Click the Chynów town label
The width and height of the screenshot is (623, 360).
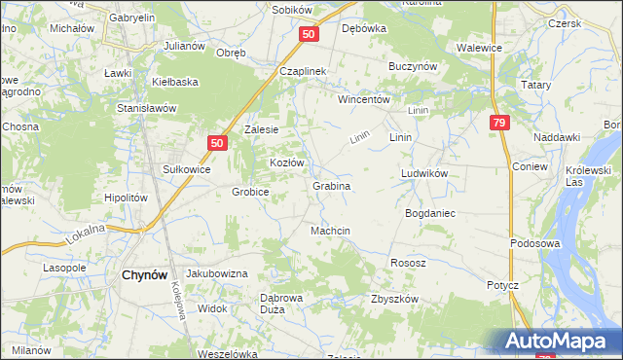click(148, 275)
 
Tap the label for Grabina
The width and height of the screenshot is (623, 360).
click(331, 185)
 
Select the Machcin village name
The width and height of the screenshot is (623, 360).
click(330, 231)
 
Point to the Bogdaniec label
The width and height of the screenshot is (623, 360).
click(430, 212)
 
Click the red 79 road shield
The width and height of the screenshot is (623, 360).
click(498, 123)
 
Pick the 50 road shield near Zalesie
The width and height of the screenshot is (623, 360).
click(216, 143)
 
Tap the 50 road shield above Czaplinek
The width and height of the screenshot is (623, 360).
click(308, 34)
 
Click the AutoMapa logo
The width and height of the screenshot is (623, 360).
click(558, 342)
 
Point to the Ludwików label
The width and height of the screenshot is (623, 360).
click(423, 174)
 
